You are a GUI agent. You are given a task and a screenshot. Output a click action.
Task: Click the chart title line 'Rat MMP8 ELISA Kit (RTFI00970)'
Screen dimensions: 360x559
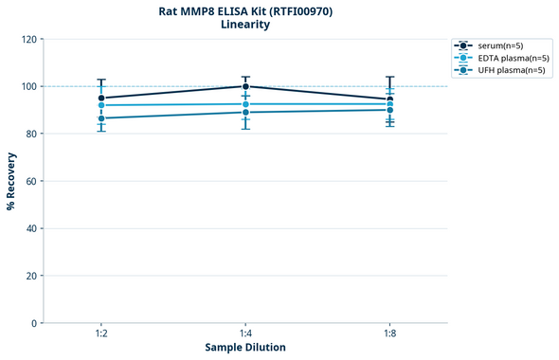(x=244, y=10)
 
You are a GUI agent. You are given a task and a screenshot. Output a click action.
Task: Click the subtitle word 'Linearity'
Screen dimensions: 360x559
(x=244, y=25)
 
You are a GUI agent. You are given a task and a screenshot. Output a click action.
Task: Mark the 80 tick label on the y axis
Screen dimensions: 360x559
(x=29, y=134)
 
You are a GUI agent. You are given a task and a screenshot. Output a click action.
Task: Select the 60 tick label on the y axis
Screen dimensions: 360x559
(x=29, y=181)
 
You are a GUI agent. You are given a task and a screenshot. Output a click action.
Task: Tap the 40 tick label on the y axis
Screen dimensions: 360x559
(x=29, y=228)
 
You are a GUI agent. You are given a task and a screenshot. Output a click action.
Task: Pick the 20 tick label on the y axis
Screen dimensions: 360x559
(x=29, y=276)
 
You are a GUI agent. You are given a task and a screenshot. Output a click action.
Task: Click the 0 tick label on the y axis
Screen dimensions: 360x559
(x=32, y=323)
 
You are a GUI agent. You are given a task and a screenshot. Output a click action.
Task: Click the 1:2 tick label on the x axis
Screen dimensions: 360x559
(x=100, y=334)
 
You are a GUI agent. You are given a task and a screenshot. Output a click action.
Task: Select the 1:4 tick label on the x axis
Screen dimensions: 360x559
(x=245, y=334)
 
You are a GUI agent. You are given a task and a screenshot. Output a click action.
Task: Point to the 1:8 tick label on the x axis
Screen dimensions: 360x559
(x=390, y=334)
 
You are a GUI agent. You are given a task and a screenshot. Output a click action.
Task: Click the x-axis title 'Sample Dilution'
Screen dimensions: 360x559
(x=245, y=348)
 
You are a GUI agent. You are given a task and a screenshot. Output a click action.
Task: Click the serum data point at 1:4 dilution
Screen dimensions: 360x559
(x=245, y=86)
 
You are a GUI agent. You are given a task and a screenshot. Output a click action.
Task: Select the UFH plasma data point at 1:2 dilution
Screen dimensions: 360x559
(x=100, y=118)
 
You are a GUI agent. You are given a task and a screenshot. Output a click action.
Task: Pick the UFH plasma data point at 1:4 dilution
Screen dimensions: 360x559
(x=245, y=113)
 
